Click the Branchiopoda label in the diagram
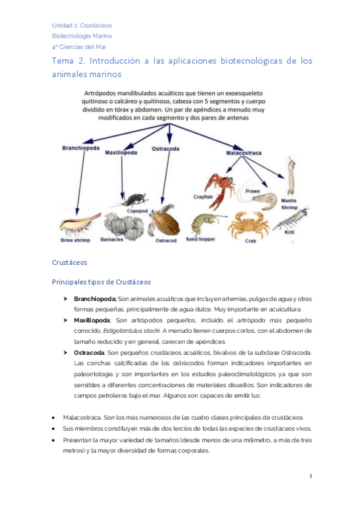tap(81, 148)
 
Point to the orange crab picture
tap(248, 225)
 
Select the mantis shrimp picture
tap(291, 177)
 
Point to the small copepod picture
tap(134, 199)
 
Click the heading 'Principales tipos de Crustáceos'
tap(101, 282)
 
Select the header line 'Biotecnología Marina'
tap(80, 35)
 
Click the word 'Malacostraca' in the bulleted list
tap(81, 418)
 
